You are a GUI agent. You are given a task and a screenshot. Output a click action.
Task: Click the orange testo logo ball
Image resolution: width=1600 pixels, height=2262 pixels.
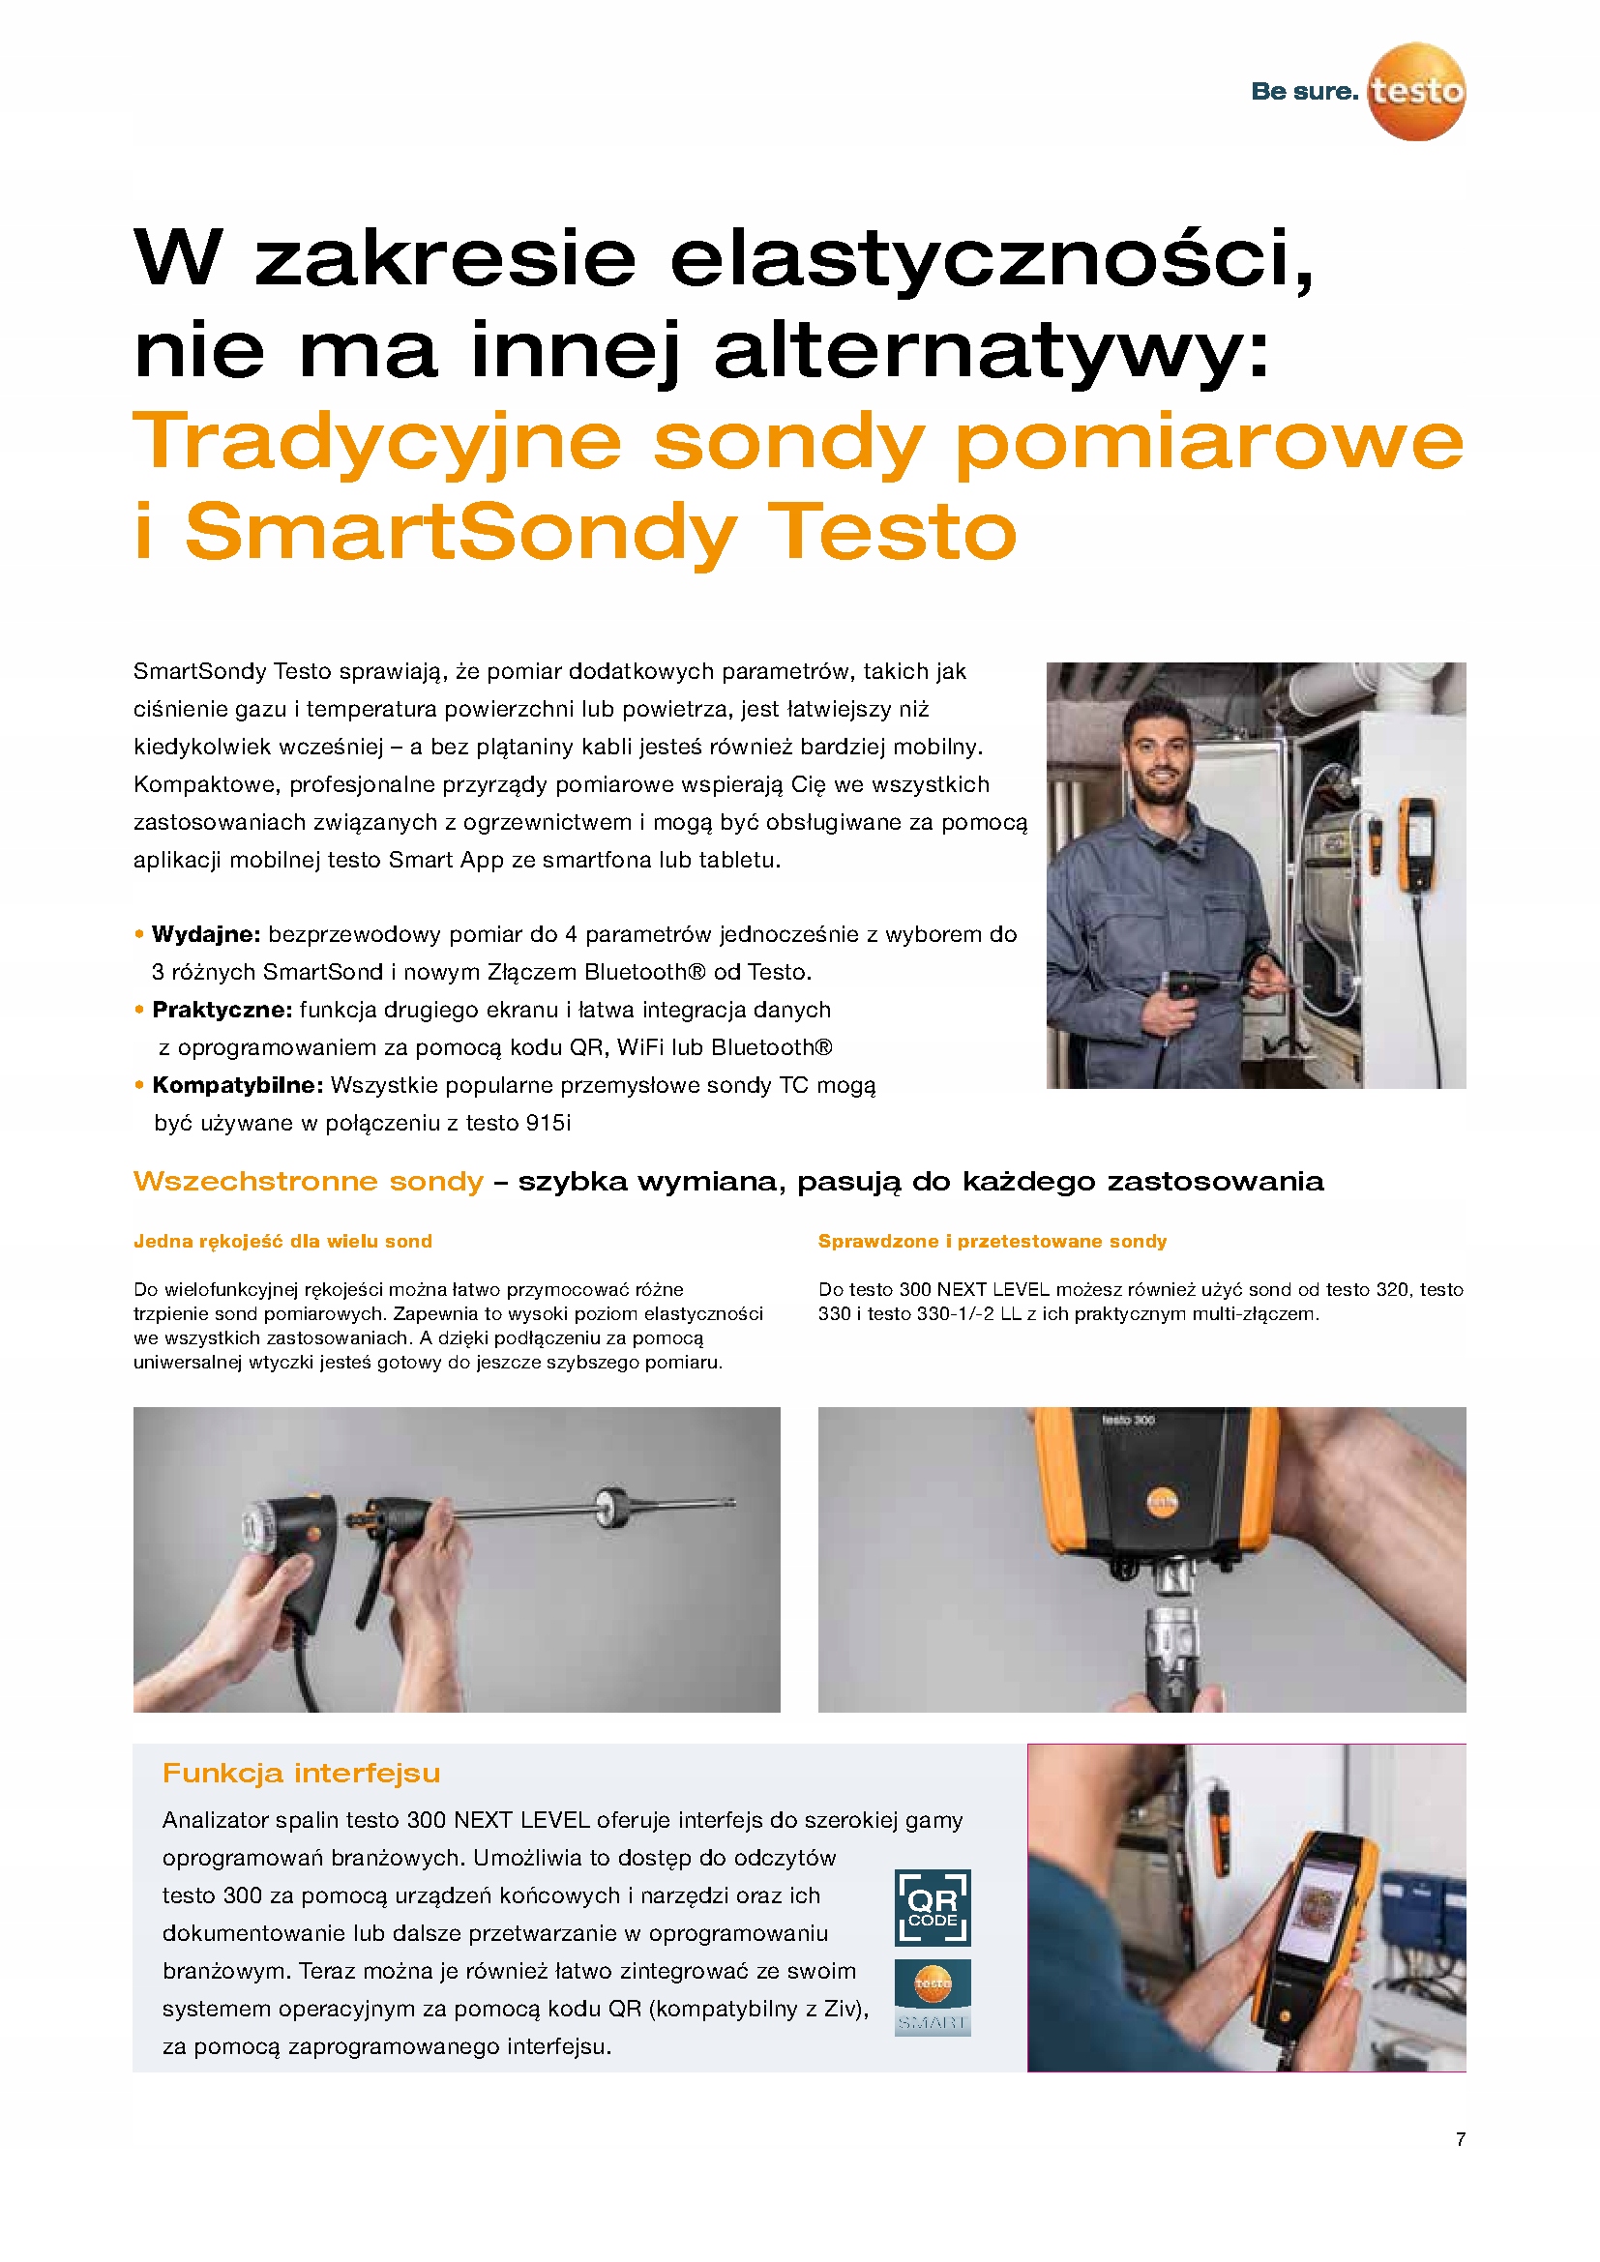(x=1416, y=92)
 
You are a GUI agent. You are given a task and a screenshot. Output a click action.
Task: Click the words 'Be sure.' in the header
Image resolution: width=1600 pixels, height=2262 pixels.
(x=1303, y=92)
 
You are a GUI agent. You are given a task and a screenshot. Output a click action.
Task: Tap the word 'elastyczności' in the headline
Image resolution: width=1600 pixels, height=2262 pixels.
(x=992, y=257)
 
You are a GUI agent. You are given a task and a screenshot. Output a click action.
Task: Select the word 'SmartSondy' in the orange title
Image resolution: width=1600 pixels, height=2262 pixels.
(x=461, y=532)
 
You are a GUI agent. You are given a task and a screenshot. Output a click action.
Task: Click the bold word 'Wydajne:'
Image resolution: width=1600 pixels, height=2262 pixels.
(x=205, y=934)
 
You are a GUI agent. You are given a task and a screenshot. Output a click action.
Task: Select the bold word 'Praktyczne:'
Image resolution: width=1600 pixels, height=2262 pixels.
(x=222, y=1010)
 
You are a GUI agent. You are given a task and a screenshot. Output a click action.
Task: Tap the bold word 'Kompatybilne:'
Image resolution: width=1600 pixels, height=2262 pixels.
(x=237, y=1085)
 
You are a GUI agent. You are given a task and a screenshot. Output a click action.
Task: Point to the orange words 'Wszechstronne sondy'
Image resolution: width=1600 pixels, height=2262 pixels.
(x=309, y=1180)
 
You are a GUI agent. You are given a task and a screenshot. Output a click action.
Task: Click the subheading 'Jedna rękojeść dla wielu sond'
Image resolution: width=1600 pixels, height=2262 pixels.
(x=282, y=1242)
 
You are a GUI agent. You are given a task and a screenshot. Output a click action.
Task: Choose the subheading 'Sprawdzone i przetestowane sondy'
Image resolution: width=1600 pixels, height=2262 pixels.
(x=993, y=1242)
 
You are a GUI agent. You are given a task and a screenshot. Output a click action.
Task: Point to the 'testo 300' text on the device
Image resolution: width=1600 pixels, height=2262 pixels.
(x=1128, y=1420)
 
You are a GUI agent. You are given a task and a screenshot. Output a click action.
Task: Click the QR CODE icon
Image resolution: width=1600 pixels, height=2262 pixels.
(x=932, y=1907)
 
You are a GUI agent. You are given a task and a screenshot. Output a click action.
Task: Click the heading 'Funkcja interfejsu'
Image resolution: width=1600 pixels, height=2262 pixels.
(x=302, y=1774)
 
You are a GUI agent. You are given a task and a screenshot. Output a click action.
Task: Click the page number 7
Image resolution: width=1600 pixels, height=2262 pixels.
(x=1460, y=2139)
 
